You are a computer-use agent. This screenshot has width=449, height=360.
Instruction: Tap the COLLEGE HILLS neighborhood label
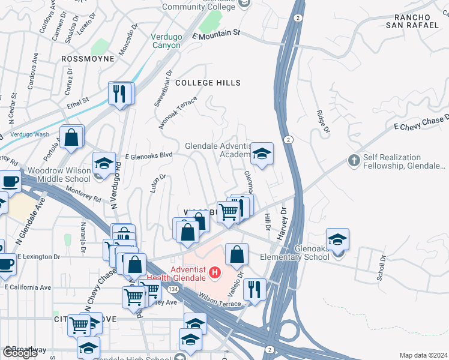[208, 83]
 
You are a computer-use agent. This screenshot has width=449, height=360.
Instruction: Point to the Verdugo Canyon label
[166, 41]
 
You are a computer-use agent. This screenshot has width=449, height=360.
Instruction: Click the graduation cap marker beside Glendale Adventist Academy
[262, 154]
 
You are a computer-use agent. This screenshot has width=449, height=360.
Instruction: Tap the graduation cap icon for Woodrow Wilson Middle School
[104, 163]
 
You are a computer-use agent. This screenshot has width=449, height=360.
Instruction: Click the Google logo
[20, 353]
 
